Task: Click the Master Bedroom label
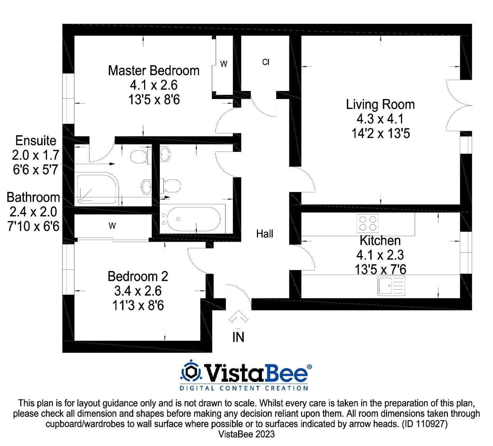(154, 71)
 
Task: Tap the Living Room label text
(380, 104)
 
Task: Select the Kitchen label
(380, 241)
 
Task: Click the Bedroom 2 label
(138, 276)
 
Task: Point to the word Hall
(265, 234)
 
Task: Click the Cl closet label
(265, 62)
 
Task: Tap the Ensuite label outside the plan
(35, 141)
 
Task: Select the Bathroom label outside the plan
(34, 197)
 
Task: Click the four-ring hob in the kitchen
(368, 222)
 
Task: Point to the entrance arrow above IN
(238, 316)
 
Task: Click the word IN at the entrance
(238, 337)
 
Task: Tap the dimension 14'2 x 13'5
(381, 134)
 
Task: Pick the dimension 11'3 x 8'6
(138, 306)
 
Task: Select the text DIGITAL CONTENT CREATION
(244, 388)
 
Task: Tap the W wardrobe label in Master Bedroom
(223, 64)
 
